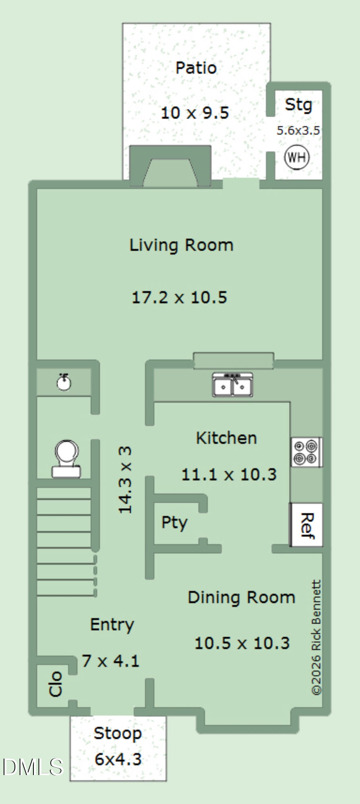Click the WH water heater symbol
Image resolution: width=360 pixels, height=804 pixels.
(x=297, y=157)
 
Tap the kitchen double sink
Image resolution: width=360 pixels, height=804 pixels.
(x=233, y=385)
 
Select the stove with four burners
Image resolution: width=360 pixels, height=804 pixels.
(x=307, y=452)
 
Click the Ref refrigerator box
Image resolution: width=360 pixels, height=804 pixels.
(x=307, y=525)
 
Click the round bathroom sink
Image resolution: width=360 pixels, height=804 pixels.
(x=64, y=382)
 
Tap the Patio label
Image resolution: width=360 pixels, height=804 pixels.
(x=196, y=68)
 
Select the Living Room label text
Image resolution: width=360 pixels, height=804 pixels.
(x=181, y=245)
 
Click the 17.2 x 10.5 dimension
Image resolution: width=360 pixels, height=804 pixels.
(x=179, y=297)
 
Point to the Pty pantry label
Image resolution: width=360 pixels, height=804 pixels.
(x=174, y=523)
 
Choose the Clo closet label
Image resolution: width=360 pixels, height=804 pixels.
(x=56, y=683)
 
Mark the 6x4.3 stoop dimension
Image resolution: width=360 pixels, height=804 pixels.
(x=118, y=759)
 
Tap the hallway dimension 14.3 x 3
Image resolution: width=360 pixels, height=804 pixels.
(x=125, y=479)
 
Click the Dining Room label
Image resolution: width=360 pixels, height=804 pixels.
(x=241, y=597)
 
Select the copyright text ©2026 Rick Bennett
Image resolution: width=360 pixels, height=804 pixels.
(x=316, y=637)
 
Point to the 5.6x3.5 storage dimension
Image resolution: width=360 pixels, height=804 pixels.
(x=298, y=130)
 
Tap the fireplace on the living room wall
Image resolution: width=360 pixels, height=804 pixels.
(x=171, y=166)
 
